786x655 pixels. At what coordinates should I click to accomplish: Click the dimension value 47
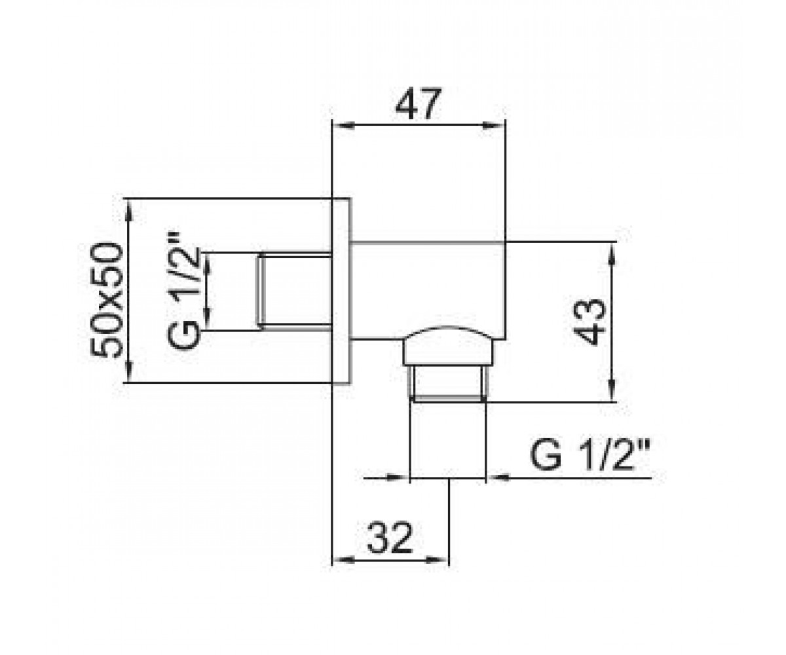click(x=418, y=104)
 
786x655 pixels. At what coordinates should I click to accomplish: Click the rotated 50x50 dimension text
click(x=107, y=301)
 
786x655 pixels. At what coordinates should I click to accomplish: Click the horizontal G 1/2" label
click(x=589, y=456)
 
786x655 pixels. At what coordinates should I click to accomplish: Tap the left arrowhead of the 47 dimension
click(x=343, y=125)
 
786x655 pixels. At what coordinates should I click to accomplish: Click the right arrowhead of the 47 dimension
click(x=493, y=125)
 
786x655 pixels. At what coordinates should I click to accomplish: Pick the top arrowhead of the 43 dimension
click(x=612, y=253)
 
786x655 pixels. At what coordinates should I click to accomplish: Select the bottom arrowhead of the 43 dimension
click(x=612, y=390)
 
